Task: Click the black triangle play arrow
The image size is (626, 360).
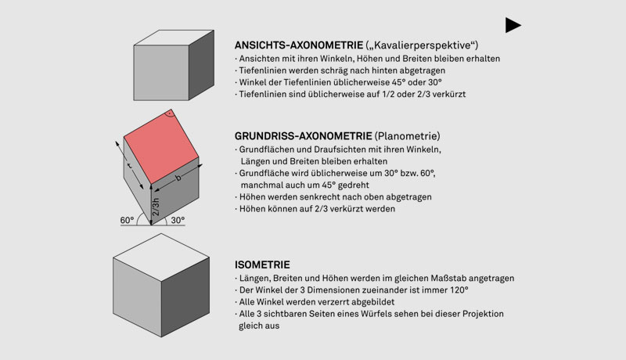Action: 513,25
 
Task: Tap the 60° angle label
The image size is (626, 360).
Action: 128,221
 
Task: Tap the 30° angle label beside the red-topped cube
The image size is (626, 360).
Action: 177,221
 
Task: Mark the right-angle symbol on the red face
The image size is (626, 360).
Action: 171,117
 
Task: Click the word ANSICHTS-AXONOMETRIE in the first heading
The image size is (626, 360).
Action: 298,45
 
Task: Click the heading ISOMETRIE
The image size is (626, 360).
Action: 262,265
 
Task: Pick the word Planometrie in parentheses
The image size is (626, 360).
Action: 406,135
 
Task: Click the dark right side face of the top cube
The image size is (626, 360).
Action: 201,70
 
